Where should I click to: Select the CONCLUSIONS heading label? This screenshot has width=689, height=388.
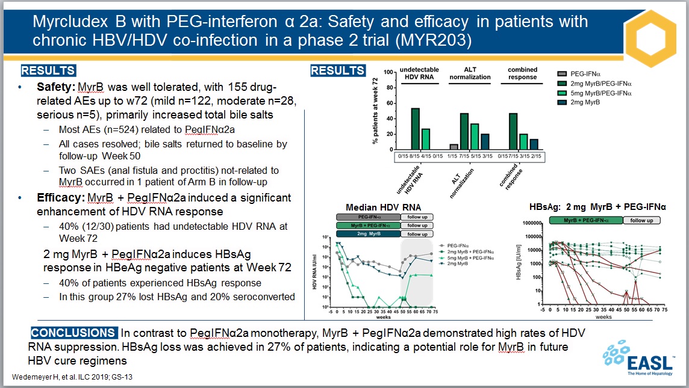tap(73, 333)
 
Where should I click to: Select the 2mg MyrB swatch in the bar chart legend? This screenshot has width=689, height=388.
tap(561, 103)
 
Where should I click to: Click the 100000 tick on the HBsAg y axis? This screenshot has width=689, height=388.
tap(529, 236)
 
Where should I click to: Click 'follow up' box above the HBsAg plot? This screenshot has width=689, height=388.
tap(641, 221)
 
